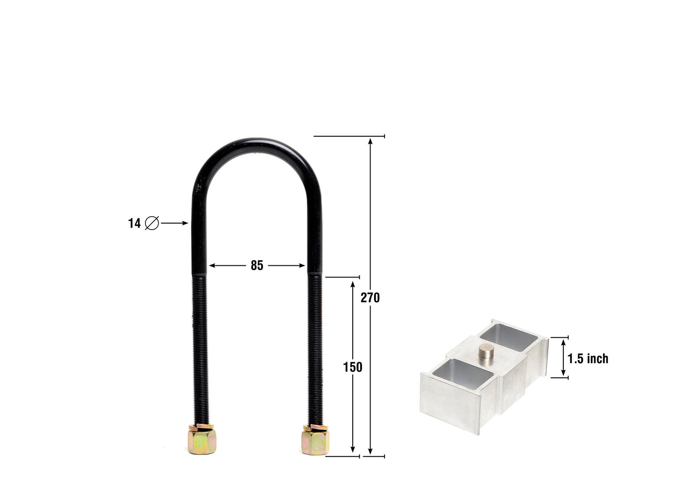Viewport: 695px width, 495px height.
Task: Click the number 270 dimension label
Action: point(370,297)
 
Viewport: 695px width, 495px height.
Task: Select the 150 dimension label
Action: point(352,367)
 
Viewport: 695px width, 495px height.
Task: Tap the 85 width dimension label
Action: point(257,265)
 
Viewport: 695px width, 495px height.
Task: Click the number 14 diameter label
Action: point(134,223)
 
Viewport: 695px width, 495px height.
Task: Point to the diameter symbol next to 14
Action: point(152,223)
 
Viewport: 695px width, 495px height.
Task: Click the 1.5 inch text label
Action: point(588,358)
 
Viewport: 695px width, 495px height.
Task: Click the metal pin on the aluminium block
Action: point(485,351)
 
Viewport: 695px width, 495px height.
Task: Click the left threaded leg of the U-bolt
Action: point(200,347)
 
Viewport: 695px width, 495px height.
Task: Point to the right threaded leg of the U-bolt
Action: point(315,347)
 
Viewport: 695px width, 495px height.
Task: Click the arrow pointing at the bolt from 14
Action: point(175,223)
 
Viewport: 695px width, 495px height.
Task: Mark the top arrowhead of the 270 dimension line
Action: point(370,141)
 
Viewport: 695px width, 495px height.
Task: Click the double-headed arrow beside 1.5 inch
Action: point(563,357)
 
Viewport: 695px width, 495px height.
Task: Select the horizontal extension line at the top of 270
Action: point(349,136)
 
